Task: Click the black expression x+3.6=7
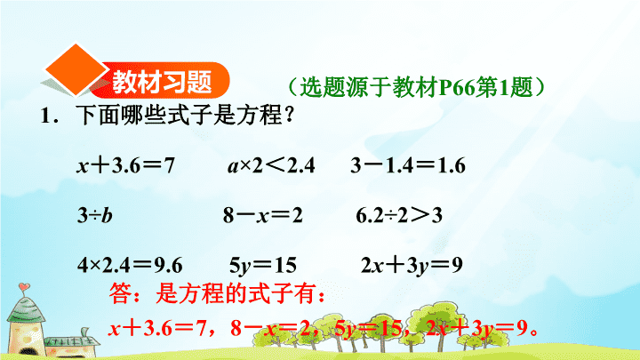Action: coord(125,165)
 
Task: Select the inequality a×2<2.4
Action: coord(271,165)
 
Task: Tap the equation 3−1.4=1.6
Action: coord(408,165)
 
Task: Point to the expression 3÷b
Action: coord(95,215)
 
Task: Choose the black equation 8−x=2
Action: coord(262,215)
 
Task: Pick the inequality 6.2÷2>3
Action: coord(399,215)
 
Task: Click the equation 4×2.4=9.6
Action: coord(130,265)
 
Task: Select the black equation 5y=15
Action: coord(263,266)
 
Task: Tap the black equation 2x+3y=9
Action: coord(412,266)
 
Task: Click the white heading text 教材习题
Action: coord(162,82)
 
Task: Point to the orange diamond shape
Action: coord(76,69)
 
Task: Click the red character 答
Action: coord(121,293)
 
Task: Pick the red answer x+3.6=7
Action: coord(157,328)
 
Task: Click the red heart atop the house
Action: coord(24,287)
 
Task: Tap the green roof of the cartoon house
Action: coord(27,309)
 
